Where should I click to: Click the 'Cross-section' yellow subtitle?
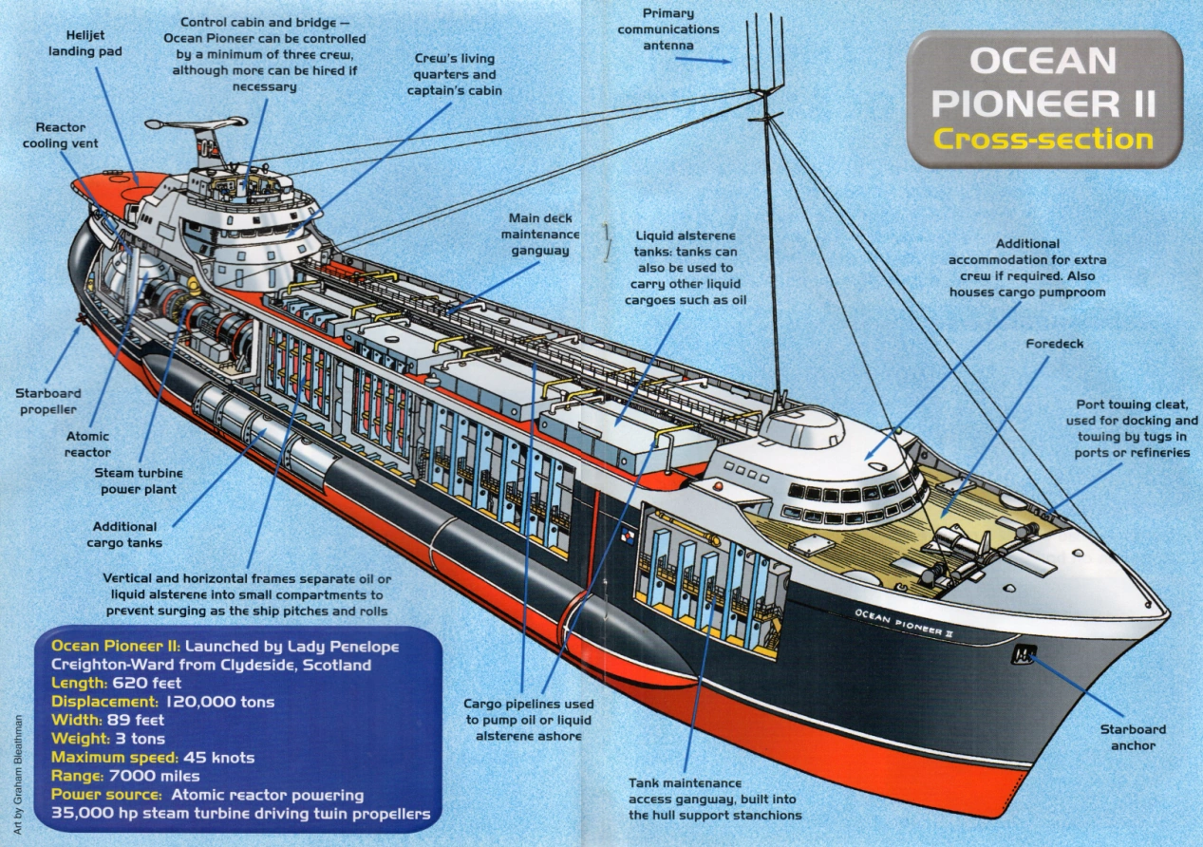(1043, 139)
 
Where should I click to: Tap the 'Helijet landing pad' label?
(79, 43)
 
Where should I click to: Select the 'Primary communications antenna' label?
(681, 29)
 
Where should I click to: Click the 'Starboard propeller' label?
(47, 401)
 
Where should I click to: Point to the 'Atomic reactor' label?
(87, 444)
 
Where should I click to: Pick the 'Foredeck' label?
(1054, 343)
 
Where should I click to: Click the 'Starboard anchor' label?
(1133, 737)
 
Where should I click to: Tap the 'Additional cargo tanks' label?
(124, 535)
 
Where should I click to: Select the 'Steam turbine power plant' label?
(139, 480)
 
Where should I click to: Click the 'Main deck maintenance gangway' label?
(540, 234)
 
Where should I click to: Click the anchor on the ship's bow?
(1024, 654)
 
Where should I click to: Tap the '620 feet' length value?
(146, 683)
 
